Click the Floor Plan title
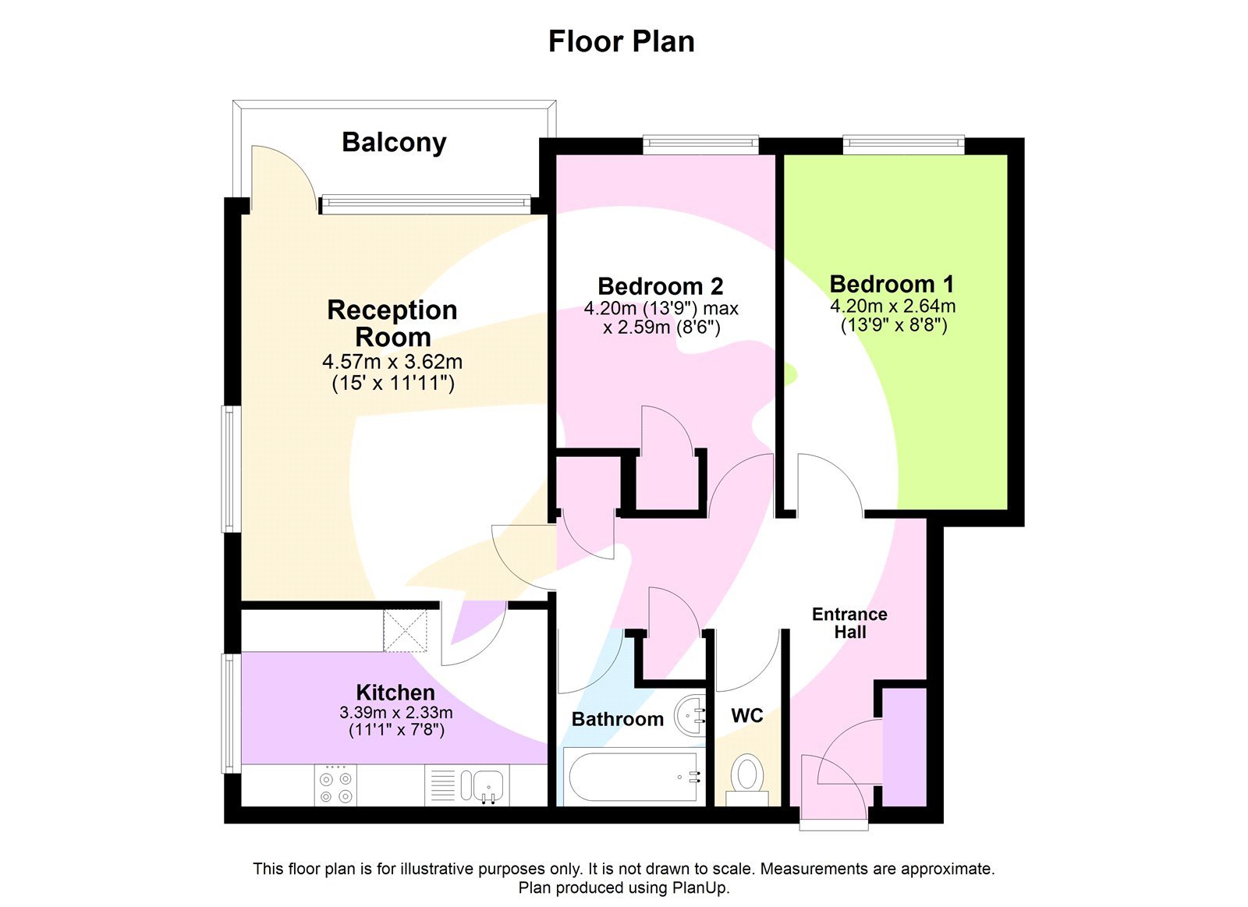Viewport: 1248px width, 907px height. pyautogui.click(x=621, y=41)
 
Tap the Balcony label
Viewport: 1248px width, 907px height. pyautogui.click(x=394, y=143)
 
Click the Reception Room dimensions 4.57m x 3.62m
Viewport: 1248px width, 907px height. pyautogui.click(x=392, y=363)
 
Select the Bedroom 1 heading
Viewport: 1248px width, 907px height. pyautogui.click(x=892, y=284)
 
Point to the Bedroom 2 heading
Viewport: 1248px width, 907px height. pyautogui.click(x=660, y=286)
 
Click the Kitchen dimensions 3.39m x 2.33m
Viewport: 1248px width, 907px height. pyautogui.click(x=395, y=713)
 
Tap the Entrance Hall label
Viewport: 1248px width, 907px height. pyautogui.click(x=849, y=623)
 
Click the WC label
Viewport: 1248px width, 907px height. pyautogui.click(x=746, y=715)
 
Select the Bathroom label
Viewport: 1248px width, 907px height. pyautogui.click(x=617, y=719)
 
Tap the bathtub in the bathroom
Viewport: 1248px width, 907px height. pyautogui.click(x=633, y=777)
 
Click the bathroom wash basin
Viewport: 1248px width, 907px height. pyautogui.click(x=690, y=713)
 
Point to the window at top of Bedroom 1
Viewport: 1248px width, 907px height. pyautogui.click(x=903, y=143)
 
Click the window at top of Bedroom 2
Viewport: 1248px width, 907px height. pyautogui.click(x=700, y=143)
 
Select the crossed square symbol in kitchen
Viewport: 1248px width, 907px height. pyautogui.click(x=406, y=630)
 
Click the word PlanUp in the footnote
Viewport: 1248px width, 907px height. pyautogui.click(x=700, y=888)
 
